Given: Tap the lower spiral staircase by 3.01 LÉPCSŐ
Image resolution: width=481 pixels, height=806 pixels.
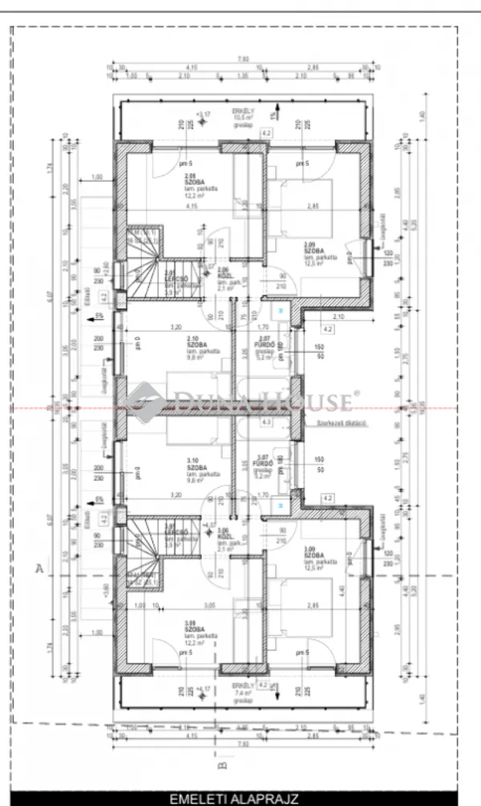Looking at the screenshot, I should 145,553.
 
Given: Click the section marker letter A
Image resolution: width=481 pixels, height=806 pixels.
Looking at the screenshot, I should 38,570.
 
